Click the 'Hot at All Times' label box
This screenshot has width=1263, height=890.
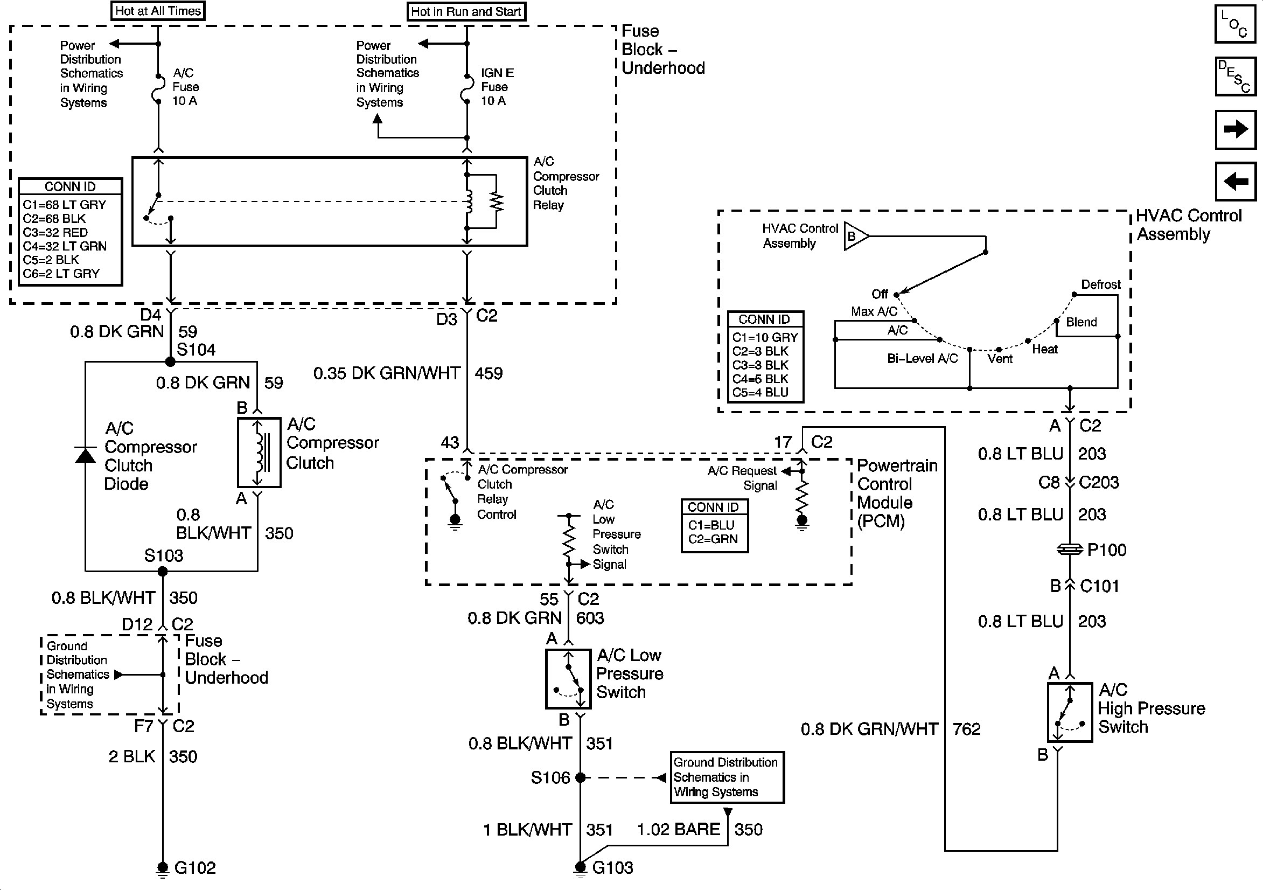tap(158, 11)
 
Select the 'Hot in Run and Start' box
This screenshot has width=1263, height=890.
tap(466, 11)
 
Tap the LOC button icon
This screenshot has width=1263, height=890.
tap(1236, 24)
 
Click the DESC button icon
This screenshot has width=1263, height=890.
tap(1236, 77)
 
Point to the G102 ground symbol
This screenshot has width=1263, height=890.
tap(162, 868)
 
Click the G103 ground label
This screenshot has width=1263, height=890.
tap(613, 868)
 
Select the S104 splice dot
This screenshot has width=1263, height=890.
tap(170, 361)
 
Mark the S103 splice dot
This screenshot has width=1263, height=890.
tap(163, 572)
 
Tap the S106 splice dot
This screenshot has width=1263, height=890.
tap(581, 778)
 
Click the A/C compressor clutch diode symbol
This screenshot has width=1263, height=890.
tap(85, 455)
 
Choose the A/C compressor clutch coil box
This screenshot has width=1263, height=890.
tap(259, 453)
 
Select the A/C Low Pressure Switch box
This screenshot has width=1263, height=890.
tap(568, 679)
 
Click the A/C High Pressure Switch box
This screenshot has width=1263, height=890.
tap(1069, 712)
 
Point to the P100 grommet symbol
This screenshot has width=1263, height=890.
tap(1070, 550)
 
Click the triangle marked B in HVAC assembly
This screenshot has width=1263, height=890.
tap(854, 236)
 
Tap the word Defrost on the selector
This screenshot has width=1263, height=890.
tap(1100, 284)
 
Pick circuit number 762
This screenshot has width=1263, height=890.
tap(966, 729)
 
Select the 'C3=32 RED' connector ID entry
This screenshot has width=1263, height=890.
tap(55, 232)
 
